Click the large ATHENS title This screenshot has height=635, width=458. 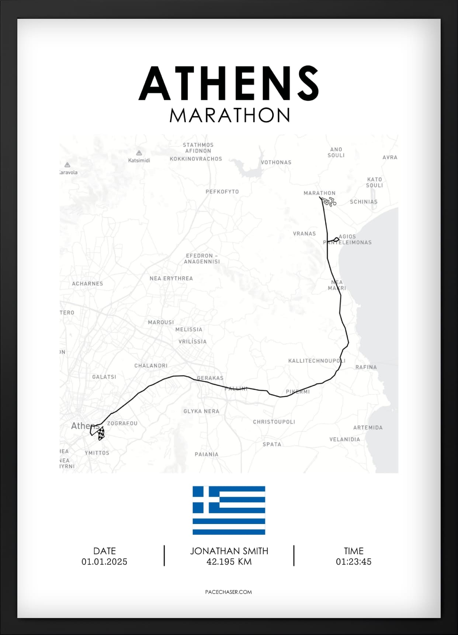[x=229, y=83]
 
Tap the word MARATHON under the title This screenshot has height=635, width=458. [x=229, y=115]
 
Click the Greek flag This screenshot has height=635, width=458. [x=229, y=510]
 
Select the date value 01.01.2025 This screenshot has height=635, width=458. [x=104, y=562]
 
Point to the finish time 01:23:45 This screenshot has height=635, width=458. [x=353, y=562]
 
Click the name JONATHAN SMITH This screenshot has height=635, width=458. [x=229, y=551]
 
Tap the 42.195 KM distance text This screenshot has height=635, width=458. [x=229, y=562]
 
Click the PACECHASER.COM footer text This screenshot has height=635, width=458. [x=228, y=592]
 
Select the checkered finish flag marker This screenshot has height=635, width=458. [x=101, y=433]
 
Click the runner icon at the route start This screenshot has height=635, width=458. [x=329, y=201]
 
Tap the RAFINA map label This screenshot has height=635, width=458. [x=366, y=367]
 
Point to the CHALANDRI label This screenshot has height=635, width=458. [x=151, y=366]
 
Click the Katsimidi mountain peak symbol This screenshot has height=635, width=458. [x=139, y=153]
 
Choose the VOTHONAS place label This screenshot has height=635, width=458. [x=276, y=162]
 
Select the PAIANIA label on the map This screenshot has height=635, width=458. [x=207, y=454]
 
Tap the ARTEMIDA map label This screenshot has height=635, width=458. [x=368, y=428]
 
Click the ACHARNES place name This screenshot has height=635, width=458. [x=87, y=284]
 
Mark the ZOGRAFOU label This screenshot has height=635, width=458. [x=122, y=423]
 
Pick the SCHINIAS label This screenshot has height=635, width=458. [x=364, y=202]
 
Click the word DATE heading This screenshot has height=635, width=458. [x=104, y=551]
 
